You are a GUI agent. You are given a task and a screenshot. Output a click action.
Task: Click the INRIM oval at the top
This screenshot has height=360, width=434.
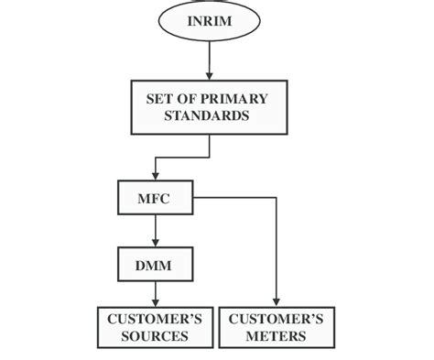pos(210,21)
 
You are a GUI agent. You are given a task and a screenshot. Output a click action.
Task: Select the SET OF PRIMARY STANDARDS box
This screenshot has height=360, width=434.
pos(210,106)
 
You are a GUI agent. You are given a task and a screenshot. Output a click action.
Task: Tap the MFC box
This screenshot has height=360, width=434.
pos(155,197)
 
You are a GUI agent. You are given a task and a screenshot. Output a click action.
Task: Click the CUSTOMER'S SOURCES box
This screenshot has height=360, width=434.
pos(155,327)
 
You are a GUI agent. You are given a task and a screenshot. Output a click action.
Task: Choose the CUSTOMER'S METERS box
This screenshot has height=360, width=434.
pos(276,327)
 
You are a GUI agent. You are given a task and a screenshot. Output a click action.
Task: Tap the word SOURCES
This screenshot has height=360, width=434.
pos(155,336)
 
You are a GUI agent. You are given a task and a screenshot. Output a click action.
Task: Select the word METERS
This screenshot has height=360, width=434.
pos(276,336)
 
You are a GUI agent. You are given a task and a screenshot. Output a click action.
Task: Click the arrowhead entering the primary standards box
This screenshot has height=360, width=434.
pos(210,75)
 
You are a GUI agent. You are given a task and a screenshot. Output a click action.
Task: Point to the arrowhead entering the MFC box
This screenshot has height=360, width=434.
pos(155,176)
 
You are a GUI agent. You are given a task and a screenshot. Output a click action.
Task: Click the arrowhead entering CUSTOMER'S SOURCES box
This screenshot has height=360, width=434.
pos(155,303)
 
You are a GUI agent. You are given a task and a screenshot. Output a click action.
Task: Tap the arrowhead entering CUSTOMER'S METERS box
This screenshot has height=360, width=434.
pos(276,303)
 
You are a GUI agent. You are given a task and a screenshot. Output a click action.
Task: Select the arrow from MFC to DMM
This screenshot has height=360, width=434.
pos(155,228)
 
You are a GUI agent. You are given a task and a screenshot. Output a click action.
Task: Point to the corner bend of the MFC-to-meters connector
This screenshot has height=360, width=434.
pos(276,197)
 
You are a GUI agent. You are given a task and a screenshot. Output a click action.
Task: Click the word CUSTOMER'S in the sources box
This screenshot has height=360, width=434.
pos(155,319)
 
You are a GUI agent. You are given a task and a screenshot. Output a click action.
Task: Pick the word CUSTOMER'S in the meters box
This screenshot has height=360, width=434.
pos(276,319)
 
